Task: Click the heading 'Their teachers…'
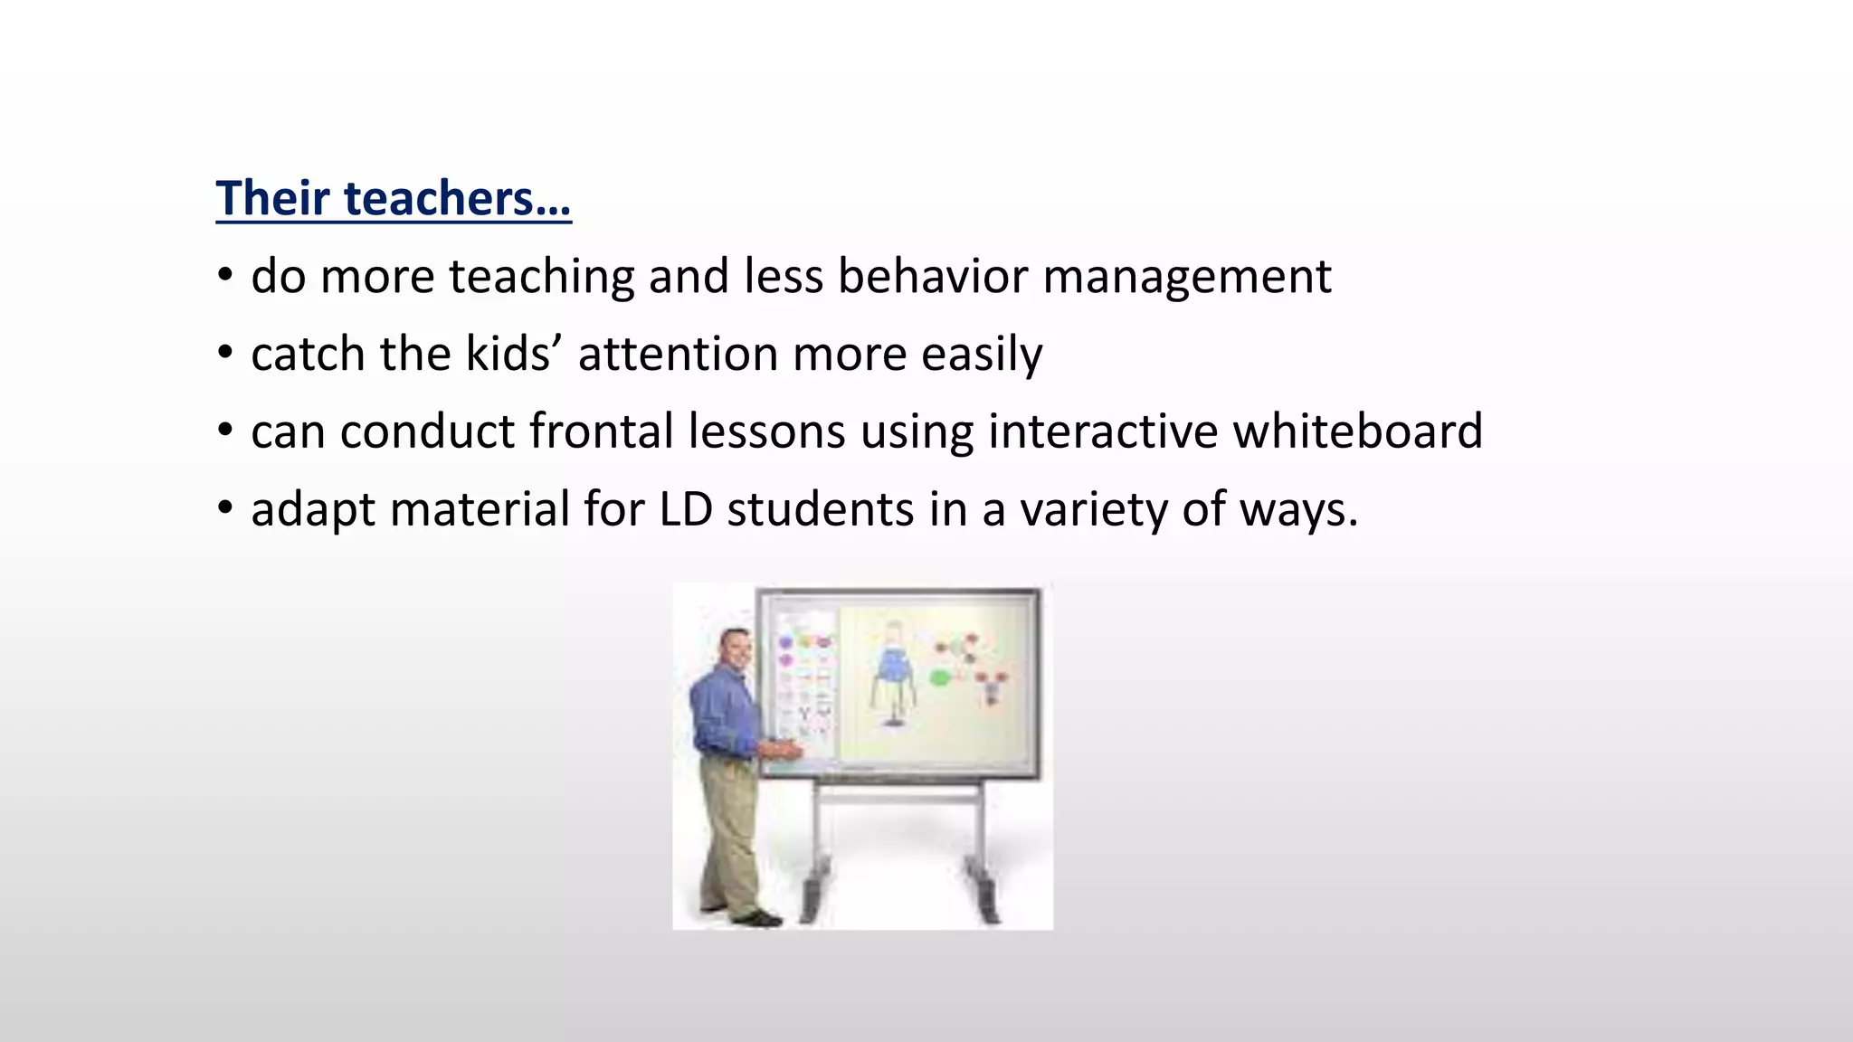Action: click(393, 198)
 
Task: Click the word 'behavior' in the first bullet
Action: click(932, 276)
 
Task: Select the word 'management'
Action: click(1187, 278)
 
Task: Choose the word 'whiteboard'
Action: click(1357, 431)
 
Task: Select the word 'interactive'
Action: click(1103, 431)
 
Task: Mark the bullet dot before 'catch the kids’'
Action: click(225, 355)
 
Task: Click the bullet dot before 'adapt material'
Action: click(225, 509)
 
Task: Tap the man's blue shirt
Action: click(721, 715)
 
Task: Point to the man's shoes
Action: click(755, 917)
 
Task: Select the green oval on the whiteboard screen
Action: click(941, 677)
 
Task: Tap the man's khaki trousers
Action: click(729, 832)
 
